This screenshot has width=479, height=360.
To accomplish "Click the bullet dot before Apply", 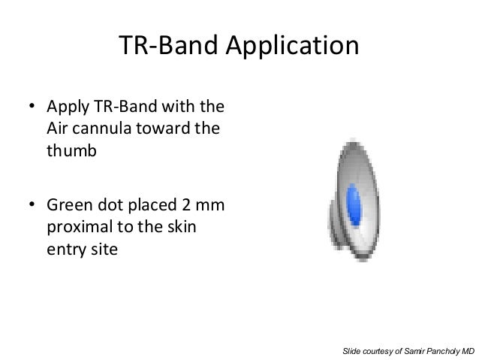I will tap(32, 106).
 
